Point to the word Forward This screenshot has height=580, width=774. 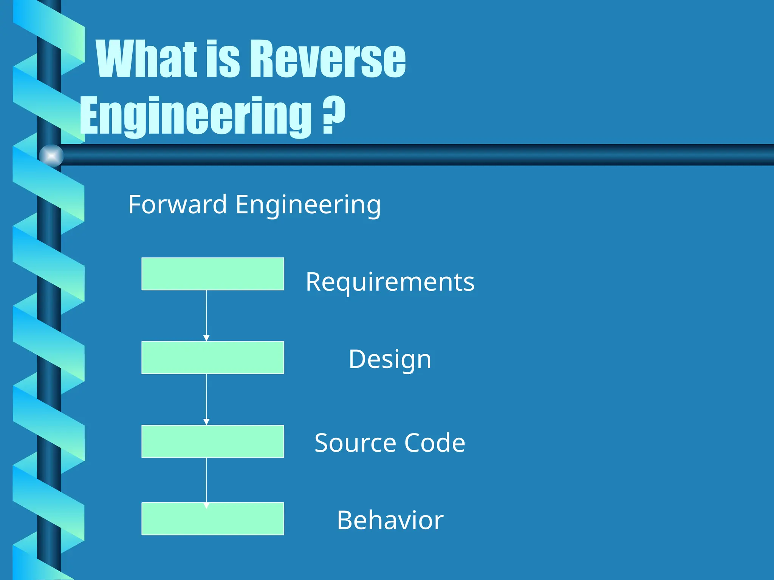tap(177, 204)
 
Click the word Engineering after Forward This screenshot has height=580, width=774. tap(308, 205)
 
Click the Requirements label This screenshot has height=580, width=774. tap(390, 282)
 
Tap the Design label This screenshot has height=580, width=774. tap(390, 359)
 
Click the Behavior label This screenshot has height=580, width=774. tap(390, 520)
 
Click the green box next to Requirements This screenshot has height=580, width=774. tap(213, 274)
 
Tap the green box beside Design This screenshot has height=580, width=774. tap(213, 358)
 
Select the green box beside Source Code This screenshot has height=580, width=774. tap(213, 441)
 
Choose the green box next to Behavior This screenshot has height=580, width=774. tap(213, 519)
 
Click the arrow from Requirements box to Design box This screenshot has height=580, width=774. tap(206, 316)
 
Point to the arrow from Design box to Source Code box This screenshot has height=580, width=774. tap(206, 400)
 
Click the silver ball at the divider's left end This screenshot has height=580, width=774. tap(51, 156)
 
